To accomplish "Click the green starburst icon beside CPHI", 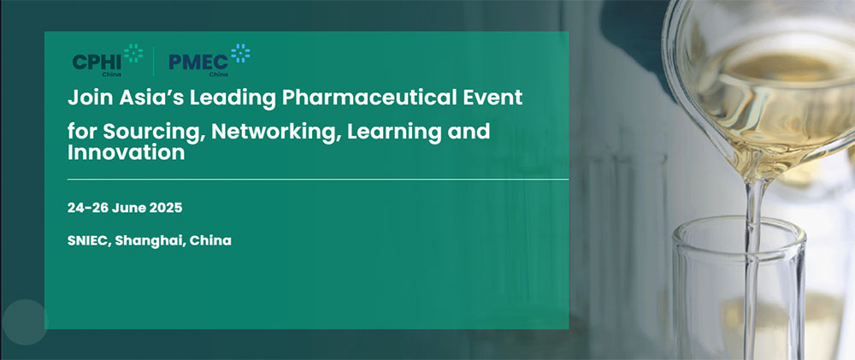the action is pyautogui.click(x=133, y=53).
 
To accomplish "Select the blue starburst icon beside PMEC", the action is pyautogui.click(x=240, y=53).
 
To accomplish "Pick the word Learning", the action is pyautogui.click(x=395, y=132).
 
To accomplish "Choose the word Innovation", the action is pyautogui.click(x=126, y=152).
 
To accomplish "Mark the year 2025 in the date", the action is pyautogui.click(x=166, y=208).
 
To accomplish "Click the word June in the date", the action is pyautogui.click(x=129, y=208).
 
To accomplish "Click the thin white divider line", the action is pyautogui.click(x=318, y=179).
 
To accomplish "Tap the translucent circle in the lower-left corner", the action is pyautogui.click(x=25, y=322).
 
